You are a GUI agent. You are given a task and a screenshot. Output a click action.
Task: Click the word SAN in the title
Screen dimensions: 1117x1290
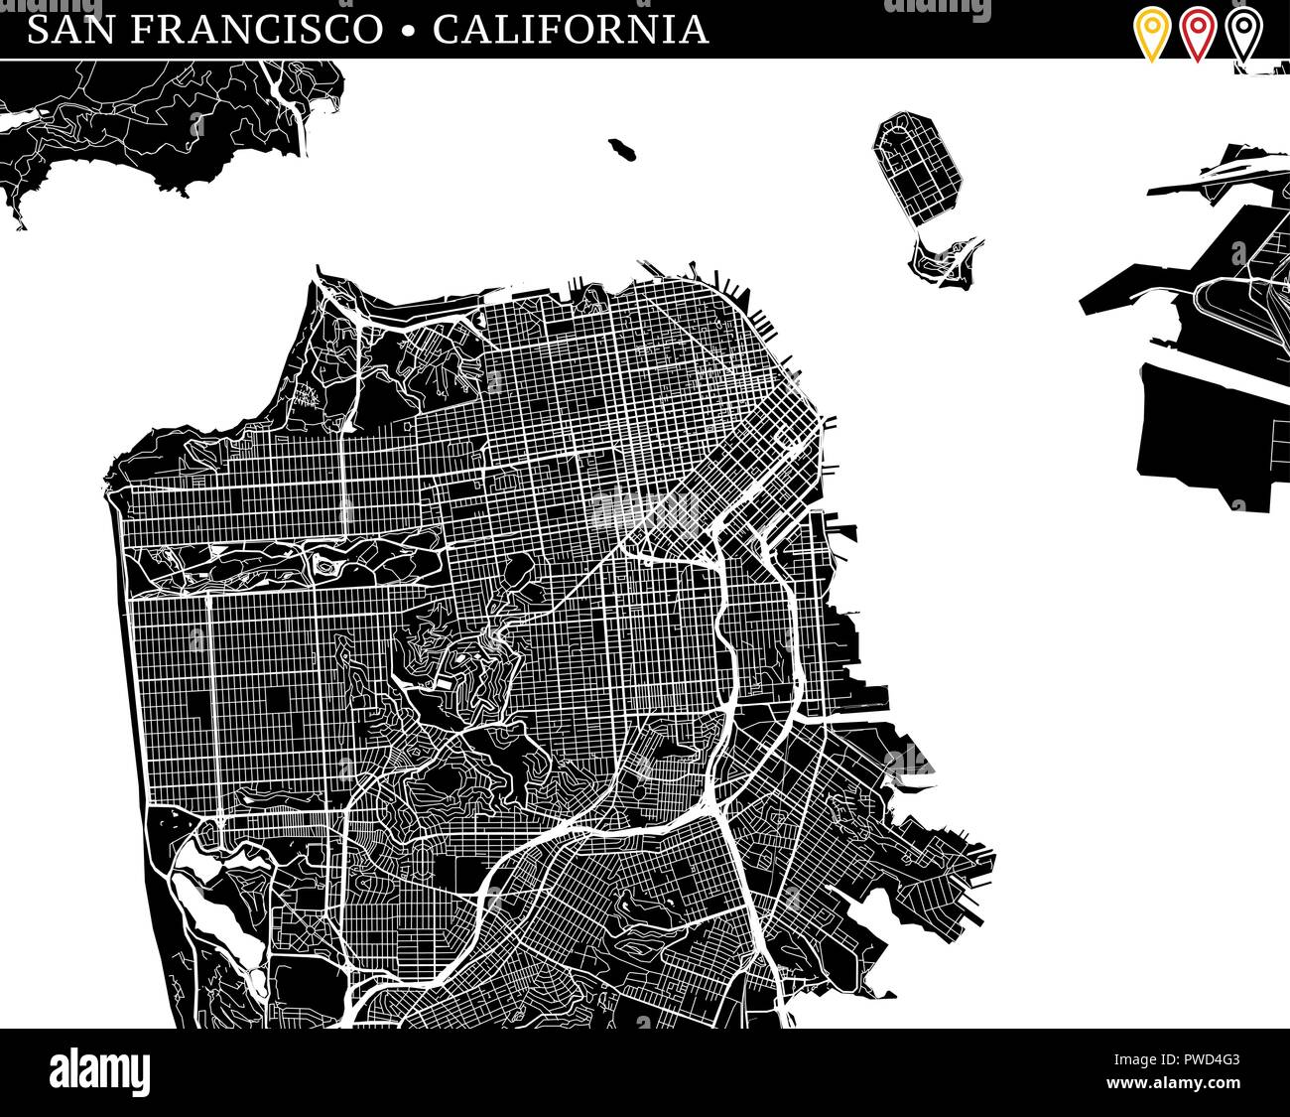[x=69, y=29]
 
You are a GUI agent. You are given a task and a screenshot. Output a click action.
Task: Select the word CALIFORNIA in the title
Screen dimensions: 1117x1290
[x=571, y=29]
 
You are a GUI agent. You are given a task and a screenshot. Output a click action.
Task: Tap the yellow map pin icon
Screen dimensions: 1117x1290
[x=1151, y=33]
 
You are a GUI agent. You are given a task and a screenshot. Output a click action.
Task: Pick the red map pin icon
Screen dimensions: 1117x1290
[x=1198, y=33]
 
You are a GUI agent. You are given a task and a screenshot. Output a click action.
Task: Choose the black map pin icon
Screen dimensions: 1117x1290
[x=1243, y=33]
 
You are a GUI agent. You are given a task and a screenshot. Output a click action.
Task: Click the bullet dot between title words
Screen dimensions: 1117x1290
[x=407, y=31]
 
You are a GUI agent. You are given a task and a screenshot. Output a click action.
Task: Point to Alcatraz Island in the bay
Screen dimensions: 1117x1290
[x=623, y=150]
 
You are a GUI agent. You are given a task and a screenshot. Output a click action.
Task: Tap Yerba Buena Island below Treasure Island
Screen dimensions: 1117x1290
[x=943, y=262]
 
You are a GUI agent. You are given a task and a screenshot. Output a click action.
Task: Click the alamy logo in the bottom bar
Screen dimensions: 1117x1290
[x=99, y=1072]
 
